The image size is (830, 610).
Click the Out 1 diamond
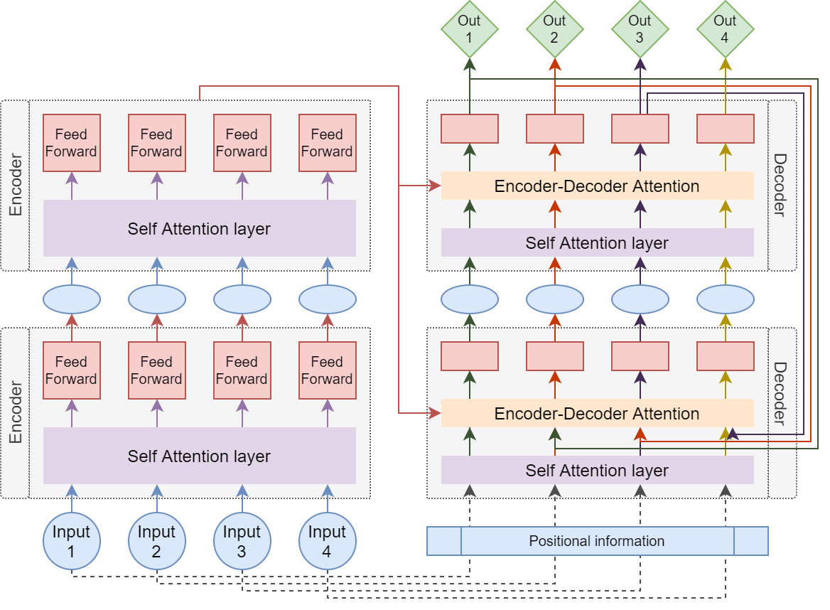coord(469,28)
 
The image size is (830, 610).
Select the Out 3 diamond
coord(640,28)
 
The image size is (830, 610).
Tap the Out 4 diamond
coord(725,28)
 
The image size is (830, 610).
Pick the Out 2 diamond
coord(554,28)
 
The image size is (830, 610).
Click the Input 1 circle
coord(71,541)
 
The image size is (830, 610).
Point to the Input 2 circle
coord(156,541)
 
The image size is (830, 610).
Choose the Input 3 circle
coord(242,541)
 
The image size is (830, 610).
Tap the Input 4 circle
coord(327,541)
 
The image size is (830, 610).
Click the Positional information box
coord(597,541)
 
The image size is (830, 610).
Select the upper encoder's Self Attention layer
coord(199,228)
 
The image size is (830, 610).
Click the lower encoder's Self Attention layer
coord(199,456)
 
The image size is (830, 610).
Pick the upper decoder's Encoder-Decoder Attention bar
coord(597,186)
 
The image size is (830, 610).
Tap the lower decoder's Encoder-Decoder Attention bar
coord(597,414)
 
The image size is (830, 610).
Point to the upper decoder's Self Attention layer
coord(597,243)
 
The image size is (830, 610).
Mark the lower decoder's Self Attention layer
coord(597,471)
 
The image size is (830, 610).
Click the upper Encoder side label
coord(15,186)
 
